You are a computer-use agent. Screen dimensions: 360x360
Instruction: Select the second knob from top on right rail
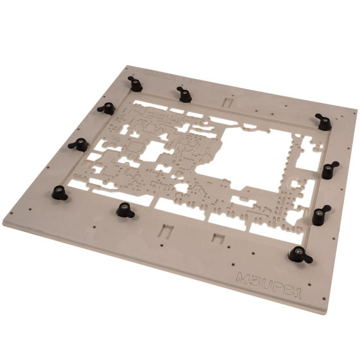tap(329, 170)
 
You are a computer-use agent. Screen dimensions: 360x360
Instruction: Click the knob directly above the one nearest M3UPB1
tap(321, 214)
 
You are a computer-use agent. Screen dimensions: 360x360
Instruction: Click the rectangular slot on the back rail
tap(226, 102)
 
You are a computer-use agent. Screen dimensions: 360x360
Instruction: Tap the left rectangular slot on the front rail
tap(166, 230)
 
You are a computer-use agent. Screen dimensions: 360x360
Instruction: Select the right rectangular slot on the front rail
tap(219, 239)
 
